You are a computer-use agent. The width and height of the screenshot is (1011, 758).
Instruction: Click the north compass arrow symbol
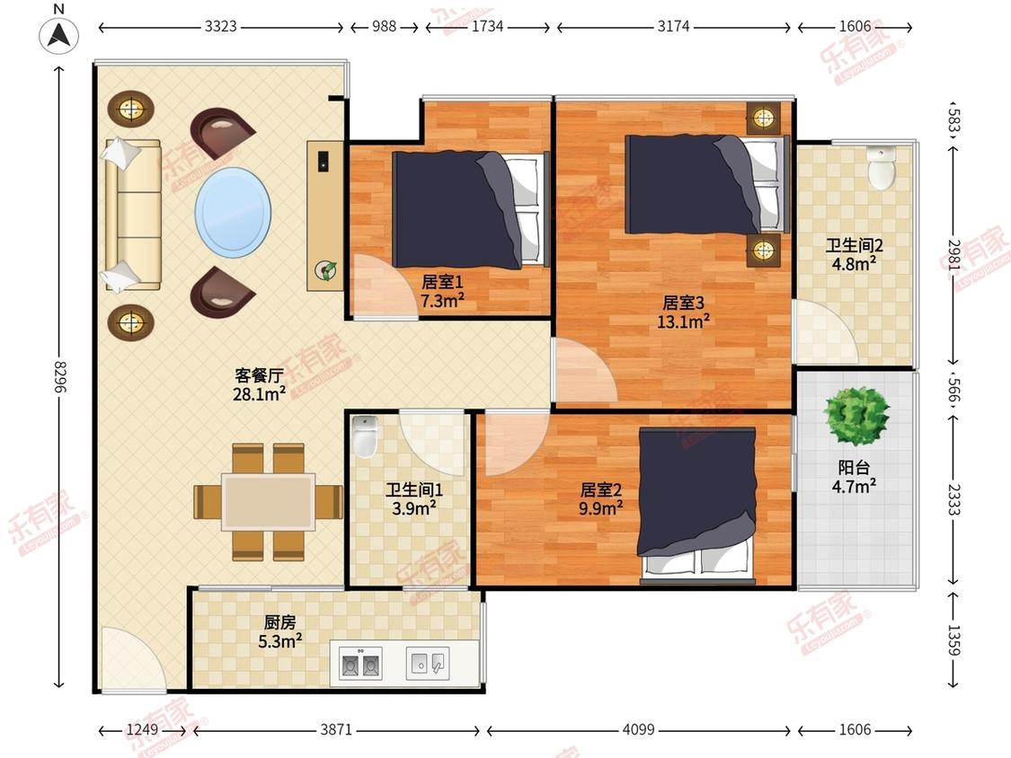coord(58,35)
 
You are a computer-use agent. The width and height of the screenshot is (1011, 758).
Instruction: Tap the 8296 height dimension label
coord(59,376)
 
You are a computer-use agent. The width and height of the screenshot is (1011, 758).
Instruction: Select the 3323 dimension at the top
coord(220,26)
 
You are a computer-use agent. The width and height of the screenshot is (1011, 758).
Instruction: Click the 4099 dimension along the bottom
coord(638,729)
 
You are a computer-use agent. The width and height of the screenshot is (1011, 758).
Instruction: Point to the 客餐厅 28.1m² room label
coord(259,384)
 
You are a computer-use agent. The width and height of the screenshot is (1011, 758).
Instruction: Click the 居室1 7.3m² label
coord(442,291)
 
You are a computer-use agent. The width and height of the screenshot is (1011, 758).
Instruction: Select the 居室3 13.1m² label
coord(684,312)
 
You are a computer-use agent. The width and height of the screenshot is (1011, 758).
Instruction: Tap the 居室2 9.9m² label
coord(601,498)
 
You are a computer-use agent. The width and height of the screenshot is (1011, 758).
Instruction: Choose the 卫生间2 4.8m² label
coord(855,254)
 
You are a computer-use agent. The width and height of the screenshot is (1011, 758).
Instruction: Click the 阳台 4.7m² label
coord(854,477)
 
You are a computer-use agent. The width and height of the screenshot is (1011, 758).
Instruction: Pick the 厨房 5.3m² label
coord(279,631)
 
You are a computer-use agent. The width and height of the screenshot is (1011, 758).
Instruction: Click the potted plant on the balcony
coord(857,417)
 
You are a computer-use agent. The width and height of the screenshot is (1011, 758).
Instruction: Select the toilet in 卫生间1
coord(365,436)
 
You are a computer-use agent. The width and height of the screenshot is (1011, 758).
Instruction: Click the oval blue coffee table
coord(233,213)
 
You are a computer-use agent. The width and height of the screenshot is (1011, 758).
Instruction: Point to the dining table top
coord(268,501)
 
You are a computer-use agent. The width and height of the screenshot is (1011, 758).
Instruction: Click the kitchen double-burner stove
coord(359,664)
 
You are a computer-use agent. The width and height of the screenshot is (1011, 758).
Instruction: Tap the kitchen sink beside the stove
coord(428,663)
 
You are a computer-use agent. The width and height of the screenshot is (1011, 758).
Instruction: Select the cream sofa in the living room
coord(133,215)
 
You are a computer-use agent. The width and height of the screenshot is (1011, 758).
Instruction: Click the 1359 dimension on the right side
coord(953,639)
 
